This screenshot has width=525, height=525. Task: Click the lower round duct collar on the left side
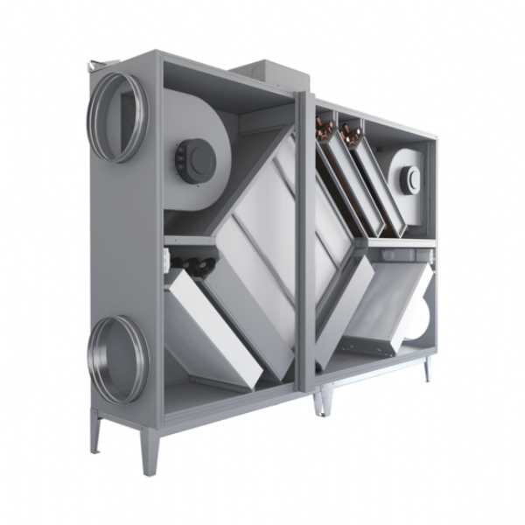point(117,360)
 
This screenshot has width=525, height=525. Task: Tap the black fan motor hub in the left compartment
point(197,158)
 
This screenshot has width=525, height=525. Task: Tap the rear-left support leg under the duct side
point(94,429)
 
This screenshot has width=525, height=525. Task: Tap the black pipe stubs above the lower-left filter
point(193,263)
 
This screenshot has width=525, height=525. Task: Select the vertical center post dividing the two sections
point(305,236)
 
